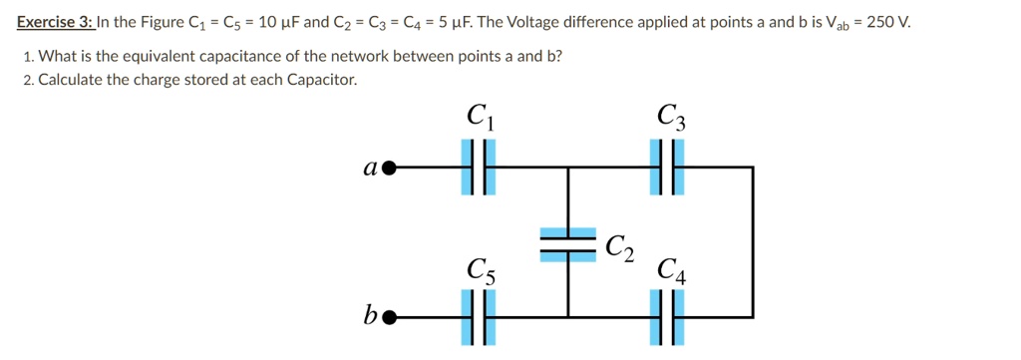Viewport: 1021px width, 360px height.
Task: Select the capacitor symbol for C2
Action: (568, 244)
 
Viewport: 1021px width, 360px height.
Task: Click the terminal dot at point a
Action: (390, 168)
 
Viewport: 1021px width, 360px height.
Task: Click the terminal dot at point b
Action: (390, 318)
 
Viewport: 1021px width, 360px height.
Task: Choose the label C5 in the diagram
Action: (480, 269)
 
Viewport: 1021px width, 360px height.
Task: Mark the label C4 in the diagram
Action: (671, 269)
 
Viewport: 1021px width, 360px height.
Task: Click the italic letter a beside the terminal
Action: (369, 168)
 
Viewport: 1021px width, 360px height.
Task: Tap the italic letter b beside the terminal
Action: (369, 316)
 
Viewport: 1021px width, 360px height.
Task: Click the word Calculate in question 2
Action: (70, 80)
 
